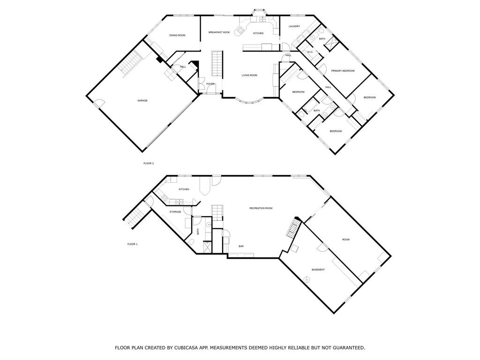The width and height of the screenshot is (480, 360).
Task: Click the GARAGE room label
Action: pyautogui.click(x=142, y=100)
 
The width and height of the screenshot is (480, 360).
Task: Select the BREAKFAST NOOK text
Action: pyautogui.click(x=219, y=32)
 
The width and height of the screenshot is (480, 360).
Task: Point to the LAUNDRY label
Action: pyautogui.click(x=294, y=26)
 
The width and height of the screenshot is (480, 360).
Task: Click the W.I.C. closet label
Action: pyautogui.click(x=310, y=52)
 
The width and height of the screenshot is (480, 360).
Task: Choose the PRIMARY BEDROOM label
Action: pyautogui.click(x=343, y=71)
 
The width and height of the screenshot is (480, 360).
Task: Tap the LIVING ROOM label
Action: pyautogui.click(x=249, y=75)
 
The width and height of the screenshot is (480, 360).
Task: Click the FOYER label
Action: pyautogui.click(x=210, y=84)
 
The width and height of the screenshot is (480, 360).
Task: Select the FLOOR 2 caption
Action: pyautogui.click(x=149, y=163)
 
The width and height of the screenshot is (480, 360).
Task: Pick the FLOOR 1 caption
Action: pyautogui.click(x=132, y=244)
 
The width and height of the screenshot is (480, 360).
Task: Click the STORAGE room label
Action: pyautogui.click(x=175, y=212)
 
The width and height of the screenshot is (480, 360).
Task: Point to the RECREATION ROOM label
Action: pyautogui.click(x=261, y=208)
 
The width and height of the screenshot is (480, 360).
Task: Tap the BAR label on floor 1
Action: pyautogui.click(x=241, y=246)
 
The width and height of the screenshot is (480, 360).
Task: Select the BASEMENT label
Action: pyautogui.click(x=318, y=270)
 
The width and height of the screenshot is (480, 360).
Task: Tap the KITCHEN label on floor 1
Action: pyautogui.click(x=184, y=189)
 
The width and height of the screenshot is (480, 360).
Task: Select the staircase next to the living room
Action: pyautogui.click(x=217, y=63)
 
